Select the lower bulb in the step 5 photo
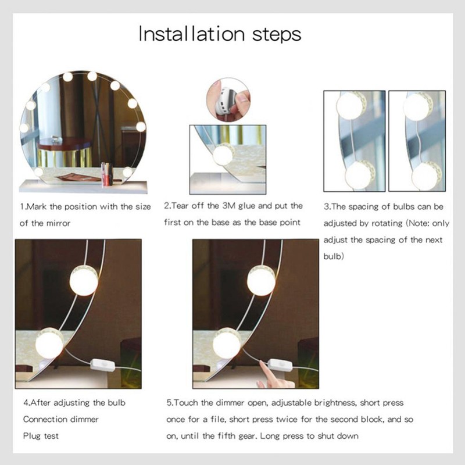click(x=227, y=344)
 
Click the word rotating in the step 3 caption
click(x=380, y=223)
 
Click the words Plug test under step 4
click(x=41, y=435)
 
